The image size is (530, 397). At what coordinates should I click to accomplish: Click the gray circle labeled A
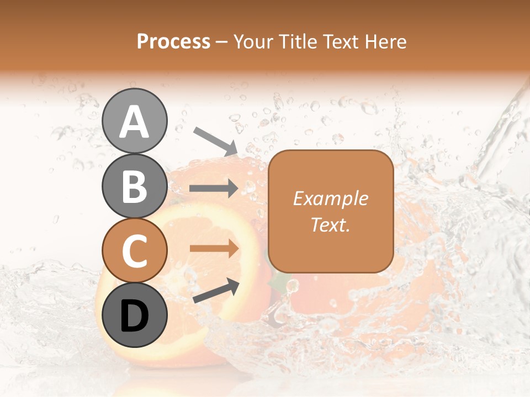[135, 121]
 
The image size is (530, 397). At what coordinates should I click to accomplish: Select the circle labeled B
[135, 186]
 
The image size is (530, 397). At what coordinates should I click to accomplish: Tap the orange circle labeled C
[135, 250]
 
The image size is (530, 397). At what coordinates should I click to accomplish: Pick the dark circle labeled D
[135, 315]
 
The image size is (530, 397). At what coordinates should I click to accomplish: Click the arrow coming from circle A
[215, 140]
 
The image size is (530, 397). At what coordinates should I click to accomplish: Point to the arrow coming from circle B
[214, 189]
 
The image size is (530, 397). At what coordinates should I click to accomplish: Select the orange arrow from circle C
[214, 249]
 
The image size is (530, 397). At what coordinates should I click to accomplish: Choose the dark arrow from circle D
[216, 291]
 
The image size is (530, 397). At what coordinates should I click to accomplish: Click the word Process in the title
[173, 42]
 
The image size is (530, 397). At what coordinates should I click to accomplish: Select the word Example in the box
[330, 198]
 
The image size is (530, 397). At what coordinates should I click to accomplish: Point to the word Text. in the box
[330, 224]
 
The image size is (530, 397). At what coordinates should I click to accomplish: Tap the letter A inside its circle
[135, 122]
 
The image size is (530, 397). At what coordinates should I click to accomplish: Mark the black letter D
[135, 316]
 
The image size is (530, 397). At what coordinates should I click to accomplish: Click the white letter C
[135, 251]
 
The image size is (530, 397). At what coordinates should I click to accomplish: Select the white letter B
[135, 187]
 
